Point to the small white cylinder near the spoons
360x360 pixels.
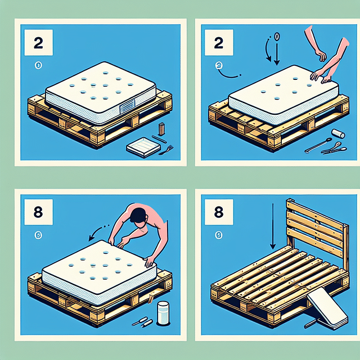tap(338, 134)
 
